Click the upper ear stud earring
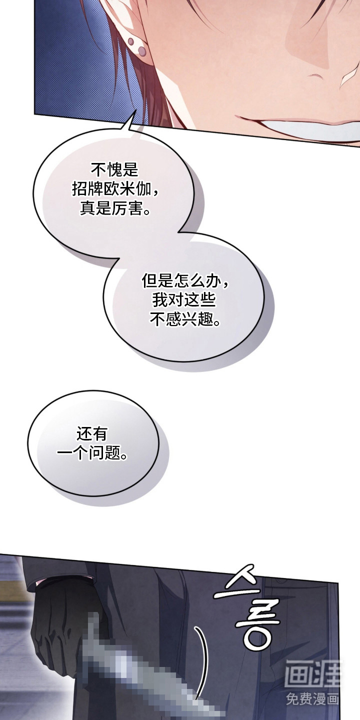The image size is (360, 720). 131,42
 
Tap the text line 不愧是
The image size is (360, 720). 114,169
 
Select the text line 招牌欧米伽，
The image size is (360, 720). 115,189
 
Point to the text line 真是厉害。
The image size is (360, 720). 115,209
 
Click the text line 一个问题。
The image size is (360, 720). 92,453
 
